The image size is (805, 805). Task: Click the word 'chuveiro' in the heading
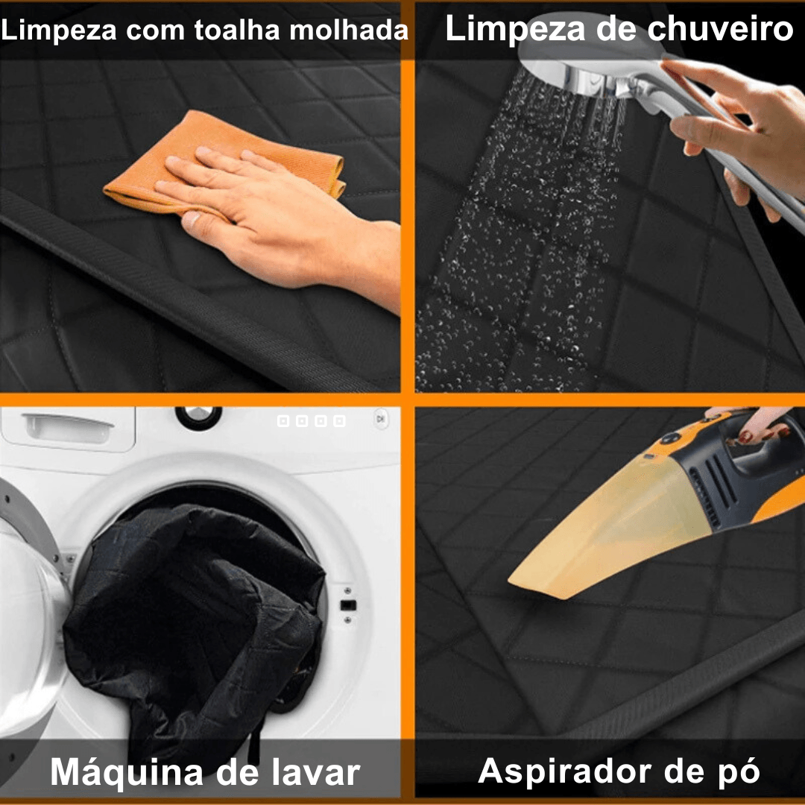pos(720,28)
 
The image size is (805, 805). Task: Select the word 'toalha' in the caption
pos(237,30)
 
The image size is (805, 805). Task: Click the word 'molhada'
pos(349,30)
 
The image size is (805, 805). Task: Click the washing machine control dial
pos(198,416)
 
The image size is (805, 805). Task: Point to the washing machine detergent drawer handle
pos(69,428)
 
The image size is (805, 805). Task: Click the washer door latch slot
pos(348,605)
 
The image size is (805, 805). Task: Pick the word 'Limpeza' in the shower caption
pos(516,29)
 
